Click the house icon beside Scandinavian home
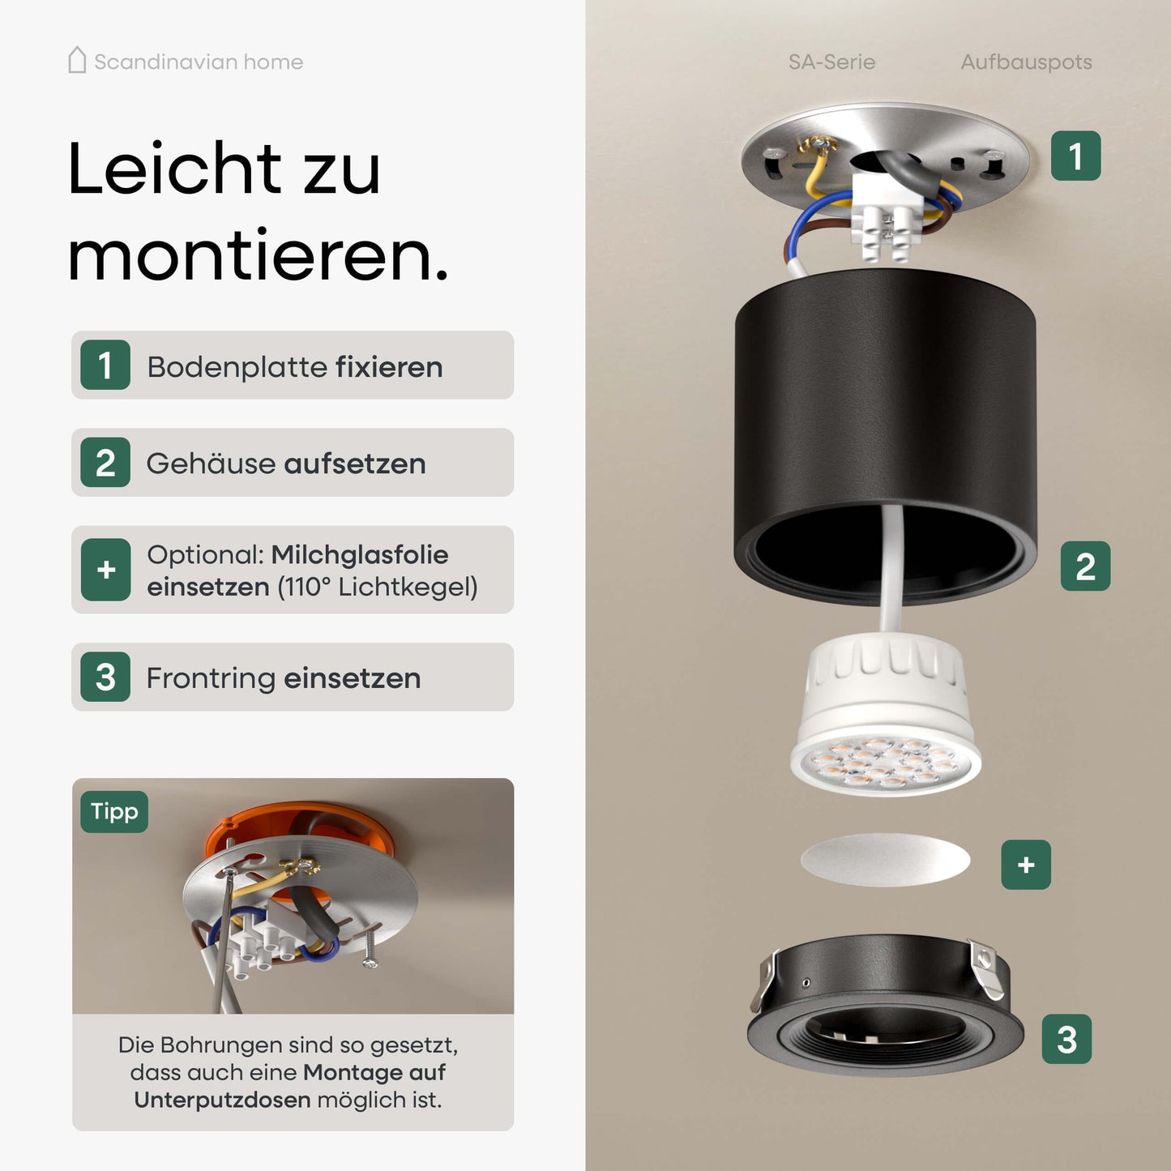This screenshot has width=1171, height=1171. (77, 61)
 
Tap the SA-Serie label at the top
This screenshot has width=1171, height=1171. (831, 62)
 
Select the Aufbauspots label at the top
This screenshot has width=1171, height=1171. (1026, 62)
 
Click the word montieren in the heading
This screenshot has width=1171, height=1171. (257, 257)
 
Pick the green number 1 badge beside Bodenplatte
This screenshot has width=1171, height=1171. (105, 365)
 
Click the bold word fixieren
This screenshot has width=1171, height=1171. (389, 367)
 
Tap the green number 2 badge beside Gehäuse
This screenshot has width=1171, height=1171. (105, 463)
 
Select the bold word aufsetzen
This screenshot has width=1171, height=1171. (354, 464)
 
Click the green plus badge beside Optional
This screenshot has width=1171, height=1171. (105, 570)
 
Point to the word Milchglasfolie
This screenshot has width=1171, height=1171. (359, 555)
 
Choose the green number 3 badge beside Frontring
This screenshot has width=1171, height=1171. (105, 677)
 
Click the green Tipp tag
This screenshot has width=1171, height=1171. (114, 812)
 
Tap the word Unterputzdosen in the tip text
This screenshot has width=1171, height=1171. (222, 1100)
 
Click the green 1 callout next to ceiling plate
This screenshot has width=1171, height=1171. (1075, 156)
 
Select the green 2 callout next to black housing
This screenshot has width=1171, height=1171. (1085, 566)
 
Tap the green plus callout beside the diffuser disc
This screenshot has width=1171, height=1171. (1026, 865)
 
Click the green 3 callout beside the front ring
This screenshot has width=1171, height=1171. (1066, 1039)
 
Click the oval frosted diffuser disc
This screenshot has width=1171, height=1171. (885, 860)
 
